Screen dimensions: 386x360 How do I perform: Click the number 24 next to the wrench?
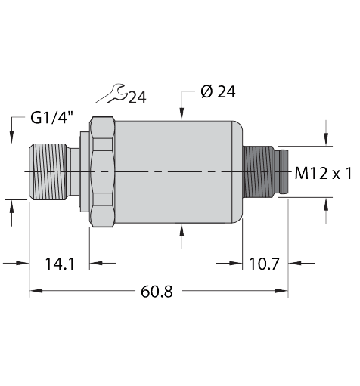[x=137, y=97]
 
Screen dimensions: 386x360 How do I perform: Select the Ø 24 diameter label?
[x=218, y=92]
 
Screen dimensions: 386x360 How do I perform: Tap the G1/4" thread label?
[x=52, y=118]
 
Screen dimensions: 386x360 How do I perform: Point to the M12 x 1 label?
[x=323, y=173]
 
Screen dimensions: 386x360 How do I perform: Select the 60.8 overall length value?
[x=157, y=291]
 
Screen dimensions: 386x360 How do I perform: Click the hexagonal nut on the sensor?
[x=101, y=171]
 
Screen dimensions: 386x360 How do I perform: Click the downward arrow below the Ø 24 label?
[x=182, y=113]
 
